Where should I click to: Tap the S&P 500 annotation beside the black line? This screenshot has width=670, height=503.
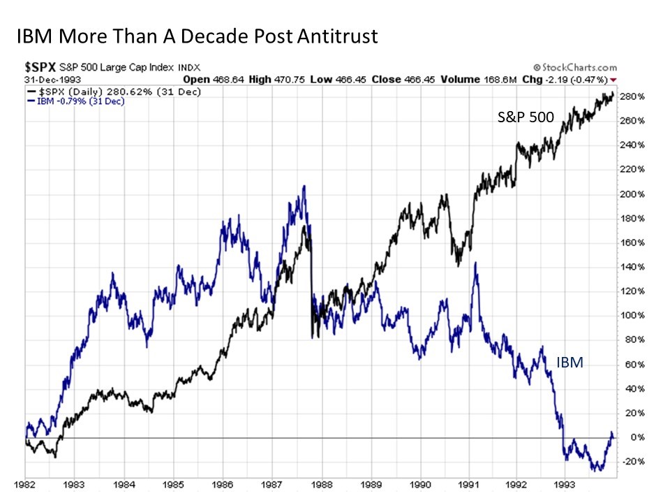(x=526, y=117)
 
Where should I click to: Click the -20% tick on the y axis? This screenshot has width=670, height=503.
(x=631, y=462)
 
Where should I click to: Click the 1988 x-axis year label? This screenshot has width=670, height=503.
(x=322, y=483)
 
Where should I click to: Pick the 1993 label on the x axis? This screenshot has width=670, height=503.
(x=567, y=483)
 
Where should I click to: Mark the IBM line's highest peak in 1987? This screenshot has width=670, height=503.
(x=304, y=187)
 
